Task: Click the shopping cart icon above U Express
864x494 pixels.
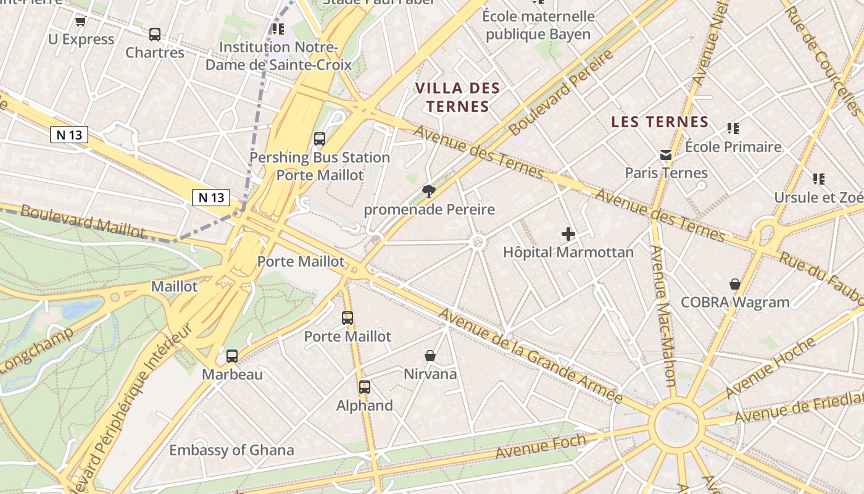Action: click(x=80, y=22)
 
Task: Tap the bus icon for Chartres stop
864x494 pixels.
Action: click(x=155, y=35)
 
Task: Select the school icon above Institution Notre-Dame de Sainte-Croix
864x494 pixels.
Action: click(x=278, y=28)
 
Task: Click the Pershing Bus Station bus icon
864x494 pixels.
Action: click(x=319, y=139)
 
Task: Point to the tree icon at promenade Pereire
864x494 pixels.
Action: click(x=428, y=191)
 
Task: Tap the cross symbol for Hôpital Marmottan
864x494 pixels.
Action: click(x=568, y=234)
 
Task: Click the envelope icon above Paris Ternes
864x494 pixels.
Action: click(x=666, y=155)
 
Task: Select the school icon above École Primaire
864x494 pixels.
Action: click(x=733, y=128)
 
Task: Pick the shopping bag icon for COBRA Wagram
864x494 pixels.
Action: click(x=734, y=284)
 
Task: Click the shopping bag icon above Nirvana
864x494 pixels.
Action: click(x=430, y=356)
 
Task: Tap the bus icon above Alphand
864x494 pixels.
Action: click(x=364, y=387)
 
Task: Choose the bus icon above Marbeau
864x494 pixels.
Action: click(x=232, y=356)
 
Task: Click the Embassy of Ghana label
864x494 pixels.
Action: click(x=231, y=450)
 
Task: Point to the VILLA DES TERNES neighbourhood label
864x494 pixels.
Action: click(x=457, y=97)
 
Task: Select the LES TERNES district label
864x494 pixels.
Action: click(x=659, y=122)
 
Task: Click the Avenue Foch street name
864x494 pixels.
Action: click(x=541, y=446)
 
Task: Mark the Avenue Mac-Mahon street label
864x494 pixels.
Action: click(x=663, y=315)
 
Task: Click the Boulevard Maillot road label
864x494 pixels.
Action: click(x=83, y=220)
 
